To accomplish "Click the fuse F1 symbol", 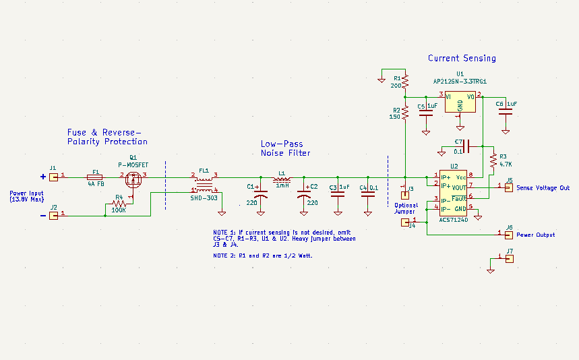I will click(96, 177).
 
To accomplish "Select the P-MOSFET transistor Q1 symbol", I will click(133, 179).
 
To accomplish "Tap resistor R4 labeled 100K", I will click(119, 204).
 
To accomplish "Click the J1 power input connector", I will click(53, 176).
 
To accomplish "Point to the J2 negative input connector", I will click(53, 215).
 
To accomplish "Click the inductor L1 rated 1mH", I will click(282, 179).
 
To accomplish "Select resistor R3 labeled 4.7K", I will click(493, 160).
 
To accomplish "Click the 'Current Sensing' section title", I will click(462, 59).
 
